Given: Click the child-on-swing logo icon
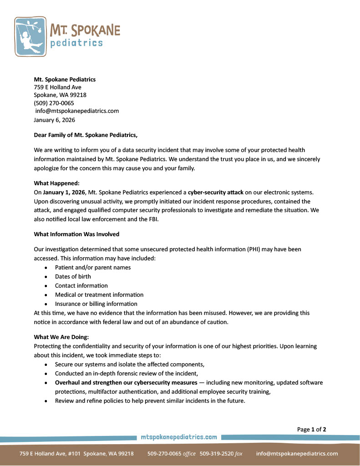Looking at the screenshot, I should click(x=30, y=36).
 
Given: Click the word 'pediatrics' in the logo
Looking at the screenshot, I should click(x=76, y=43).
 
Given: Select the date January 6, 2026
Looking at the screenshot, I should click(x=55, y=120).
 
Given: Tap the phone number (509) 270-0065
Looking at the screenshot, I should click(x=54, y=103).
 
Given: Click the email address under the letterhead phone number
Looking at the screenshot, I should click(x=77, y=111).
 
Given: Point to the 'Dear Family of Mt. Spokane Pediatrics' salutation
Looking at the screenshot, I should click(x=86, y=135).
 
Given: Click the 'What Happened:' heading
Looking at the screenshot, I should click(x=57, y=183).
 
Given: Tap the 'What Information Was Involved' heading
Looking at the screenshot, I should click(x=76, y=234).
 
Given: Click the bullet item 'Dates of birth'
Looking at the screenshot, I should click(x=73, y=276).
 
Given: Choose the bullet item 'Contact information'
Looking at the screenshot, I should click(x=81, y=286).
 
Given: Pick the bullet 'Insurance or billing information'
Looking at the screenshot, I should click(x=96, y=304).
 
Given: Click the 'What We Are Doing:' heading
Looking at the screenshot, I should click(x=61, y=337).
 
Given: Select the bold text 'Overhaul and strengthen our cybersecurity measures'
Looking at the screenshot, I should click(x=126, y=383).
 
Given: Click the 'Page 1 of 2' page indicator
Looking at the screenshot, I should click(x=311, y=429).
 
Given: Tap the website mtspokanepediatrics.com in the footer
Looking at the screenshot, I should click(x=179, y=437).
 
